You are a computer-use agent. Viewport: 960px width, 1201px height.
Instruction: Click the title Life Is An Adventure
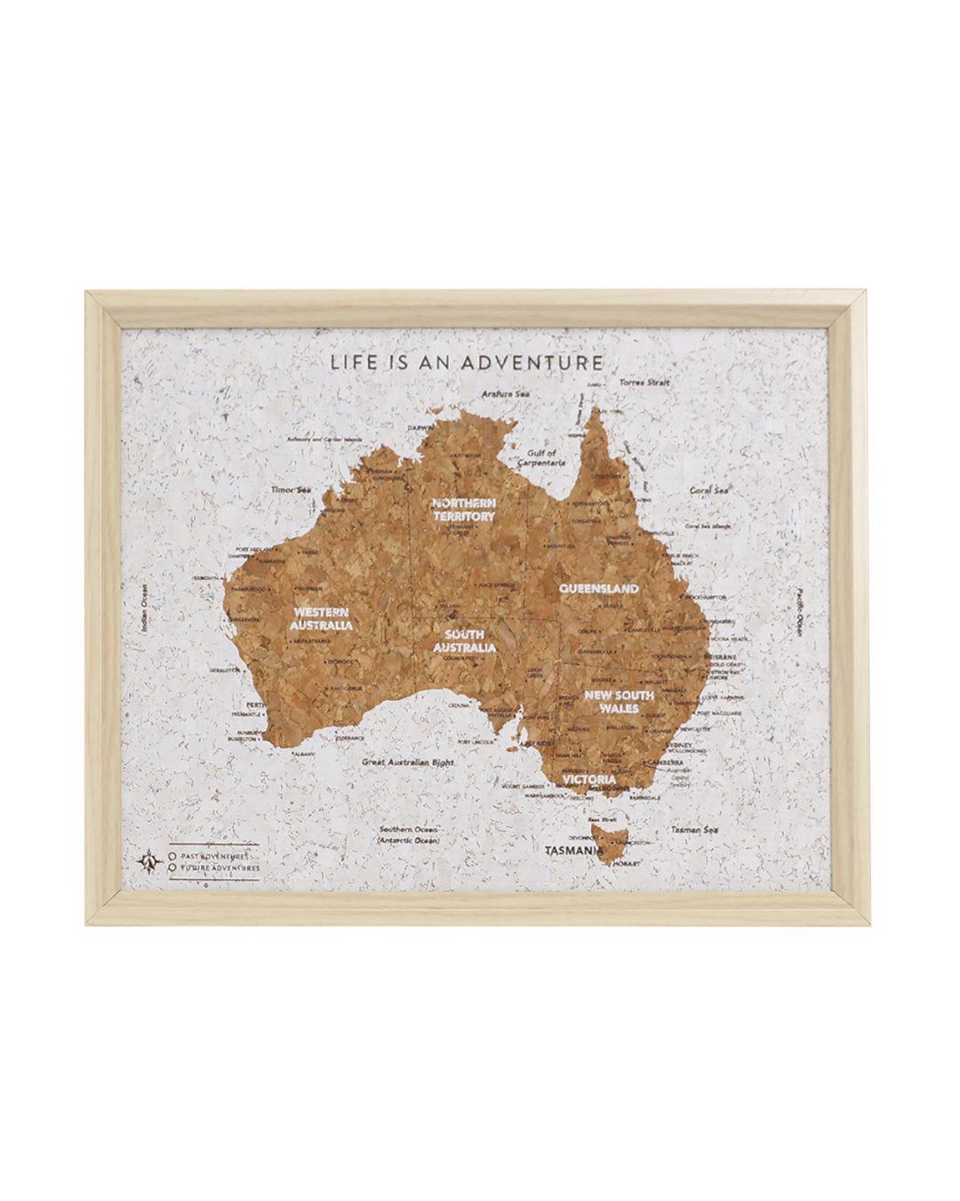pos(467,362)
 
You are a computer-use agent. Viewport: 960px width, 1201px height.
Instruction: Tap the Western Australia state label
pos(321,618)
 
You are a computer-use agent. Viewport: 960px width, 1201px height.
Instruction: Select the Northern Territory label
pos(463,509)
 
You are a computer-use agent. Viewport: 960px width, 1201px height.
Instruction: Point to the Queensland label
pos(598,588)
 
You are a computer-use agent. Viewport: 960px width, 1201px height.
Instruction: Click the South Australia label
pos(464,641)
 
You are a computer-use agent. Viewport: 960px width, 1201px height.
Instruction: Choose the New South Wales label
pos(619,701)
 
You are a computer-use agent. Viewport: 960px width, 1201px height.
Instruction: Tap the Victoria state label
pos(588,779)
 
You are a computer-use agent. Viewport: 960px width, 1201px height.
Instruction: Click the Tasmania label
pos(574,850)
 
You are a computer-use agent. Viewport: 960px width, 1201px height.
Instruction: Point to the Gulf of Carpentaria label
pos(541,458)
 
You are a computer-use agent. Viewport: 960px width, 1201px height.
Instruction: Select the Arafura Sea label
pos(505,393)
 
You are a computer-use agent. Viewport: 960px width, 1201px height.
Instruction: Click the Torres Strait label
pos(644,383)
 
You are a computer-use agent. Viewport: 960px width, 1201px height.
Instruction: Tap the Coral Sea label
pos(709,490)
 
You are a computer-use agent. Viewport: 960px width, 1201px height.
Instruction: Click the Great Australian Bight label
pos(408,762)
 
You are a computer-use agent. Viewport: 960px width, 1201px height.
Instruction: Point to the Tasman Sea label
pos(694,829)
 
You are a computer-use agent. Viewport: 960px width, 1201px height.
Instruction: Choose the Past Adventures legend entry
pos(213,855)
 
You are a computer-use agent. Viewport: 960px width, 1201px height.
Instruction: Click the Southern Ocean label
pos(408,834)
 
